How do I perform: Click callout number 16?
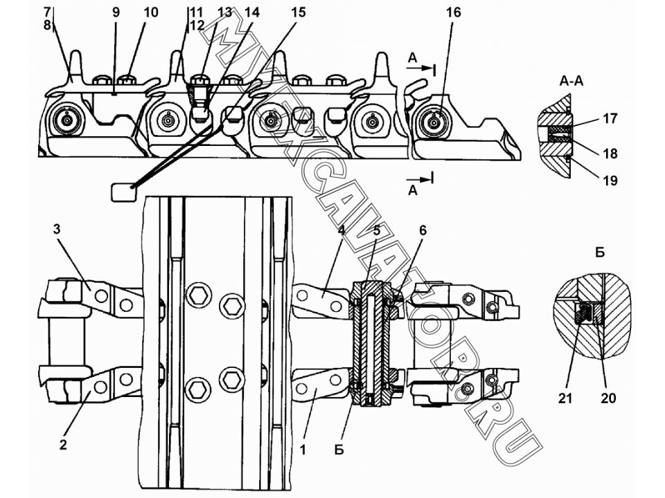[453, 12]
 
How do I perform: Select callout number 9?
[116, 12]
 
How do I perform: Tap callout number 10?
[150, 12]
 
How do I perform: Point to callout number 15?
[298, 12]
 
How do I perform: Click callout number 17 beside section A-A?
[610, 118]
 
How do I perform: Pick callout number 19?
[610, 181]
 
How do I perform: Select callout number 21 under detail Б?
[565, 398]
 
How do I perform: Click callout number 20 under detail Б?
[608, 398]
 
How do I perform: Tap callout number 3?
[56, 230]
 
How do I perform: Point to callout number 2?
[63, 445]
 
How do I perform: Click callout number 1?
[303, 450]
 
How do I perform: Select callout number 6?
[423, 230]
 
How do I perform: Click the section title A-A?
[571, 81]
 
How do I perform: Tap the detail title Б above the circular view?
[600, 252]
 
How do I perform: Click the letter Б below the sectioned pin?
[339, 450]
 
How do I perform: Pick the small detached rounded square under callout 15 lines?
[124, 192]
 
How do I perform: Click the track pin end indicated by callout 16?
[433, 122]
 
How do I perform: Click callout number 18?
[610, 154]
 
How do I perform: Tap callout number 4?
[341, 230]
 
